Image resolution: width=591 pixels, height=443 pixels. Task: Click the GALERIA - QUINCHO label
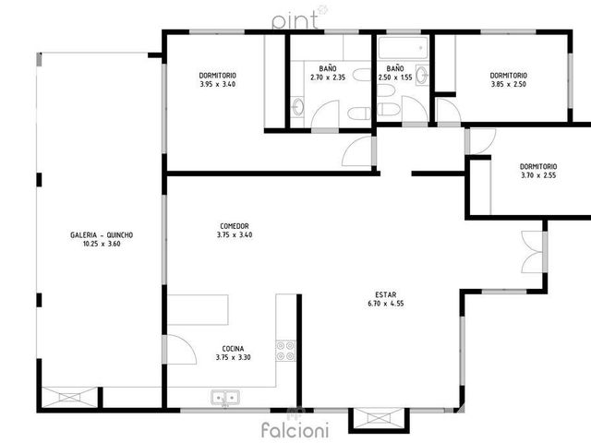[102, 235]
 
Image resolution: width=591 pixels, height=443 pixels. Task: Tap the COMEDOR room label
[235, 226]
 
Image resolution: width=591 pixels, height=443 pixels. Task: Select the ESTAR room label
[386, 295]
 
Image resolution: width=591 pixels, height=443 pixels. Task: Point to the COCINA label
[233, 349]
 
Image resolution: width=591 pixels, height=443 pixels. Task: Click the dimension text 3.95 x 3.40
[218, 84]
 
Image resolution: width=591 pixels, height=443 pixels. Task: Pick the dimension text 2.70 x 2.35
[328, 78]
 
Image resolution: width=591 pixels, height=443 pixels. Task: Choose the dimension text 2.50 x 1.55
[395, 78]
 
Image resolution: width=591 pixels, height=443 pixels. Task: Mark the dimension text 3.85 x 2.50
[509, 84]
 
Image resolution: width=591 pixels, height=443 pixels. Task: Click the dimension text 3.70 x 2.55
[538, 175]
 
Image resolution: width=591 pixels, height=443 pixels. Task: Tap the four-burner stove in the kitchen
[285, 351]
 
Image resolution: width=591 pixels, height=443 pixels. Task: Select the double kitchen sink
[225, 398]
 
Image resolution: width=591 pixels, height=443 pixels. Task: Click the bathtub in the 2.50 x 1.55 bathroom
[403, 48]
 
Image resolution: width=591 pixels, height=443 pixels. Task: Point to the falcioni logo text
[295, 430]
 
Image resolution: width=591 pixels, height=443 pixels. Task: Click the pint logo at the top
[295, 20]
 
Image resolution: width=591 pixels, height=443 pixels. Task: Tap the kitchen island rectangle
[198, 310]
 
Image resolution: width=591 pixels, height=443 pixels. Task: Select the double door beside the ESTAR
[533, 252]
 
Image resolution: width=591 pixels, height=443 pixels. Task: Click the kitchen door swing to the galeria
[180, 350]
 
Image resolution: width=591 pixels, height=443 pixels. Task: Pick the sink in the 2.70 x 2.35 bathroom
[297, 106]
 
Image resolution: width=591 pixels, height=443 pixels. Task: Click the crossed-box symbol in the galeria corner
[69, 397]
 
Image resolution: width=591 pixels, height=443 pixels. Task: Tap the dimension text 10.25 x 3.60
[102, 244]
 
